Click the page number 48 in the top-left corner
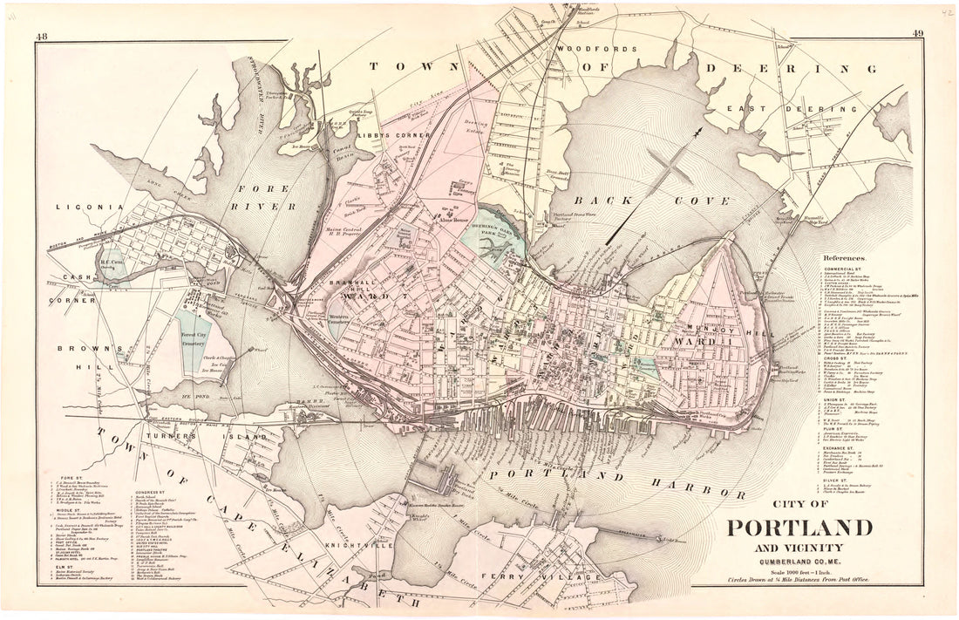pyautogui.click(x=42, y=35)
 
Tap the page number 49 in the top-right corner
pyautogui.click(x=917, y=35)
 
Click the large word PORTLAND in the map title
pyautogui.click(x=799, y=528)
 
